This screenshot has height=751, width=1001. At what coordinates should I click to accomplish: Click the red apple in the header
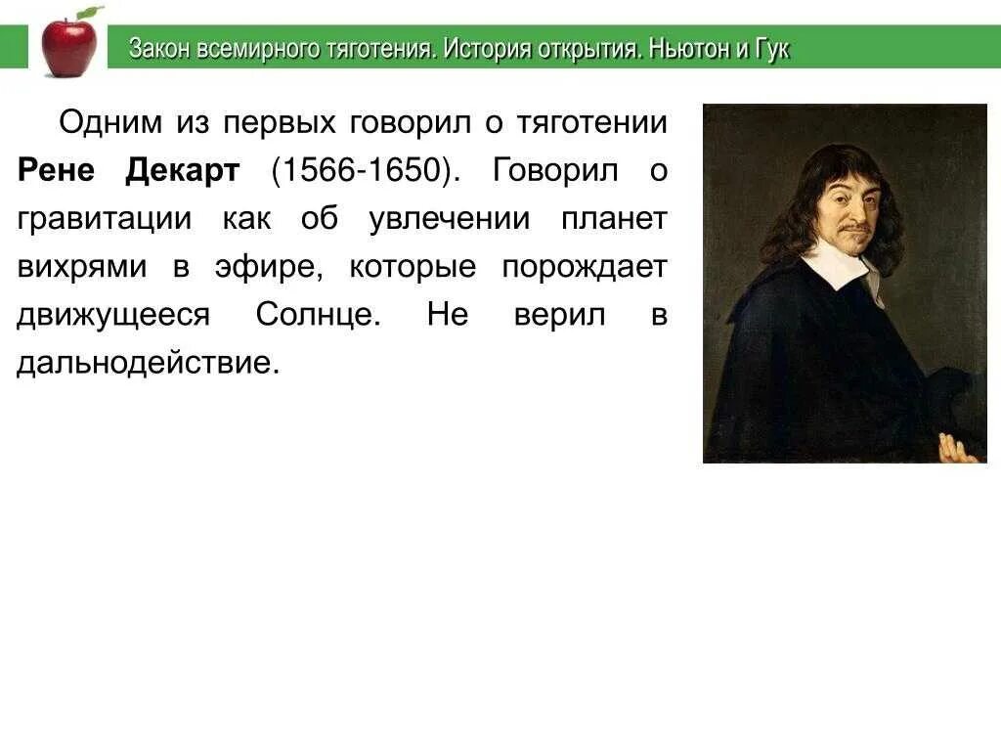point(69,45)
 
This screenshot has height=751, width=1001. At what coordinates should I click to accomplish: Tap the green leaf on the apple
point(91,13)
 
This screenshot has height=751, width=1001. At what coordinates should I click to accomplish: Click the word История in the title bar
point(483,49)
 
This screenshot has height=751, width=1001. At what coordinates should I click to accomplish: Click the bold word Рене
point(57,171)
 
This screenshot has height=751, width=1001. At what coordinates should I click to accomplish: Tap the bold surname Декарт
point(183,171)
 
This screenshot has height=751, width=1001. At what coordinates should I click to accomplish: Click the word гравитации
point(105,218)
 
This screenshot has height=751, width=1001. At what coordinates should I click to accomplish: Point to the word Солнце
point(318,315)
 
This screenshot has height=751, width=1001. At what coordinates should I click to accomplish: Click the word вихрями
point(82,267)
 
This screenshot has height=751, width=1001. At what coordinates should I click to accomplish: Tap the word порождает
point(585,267)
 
